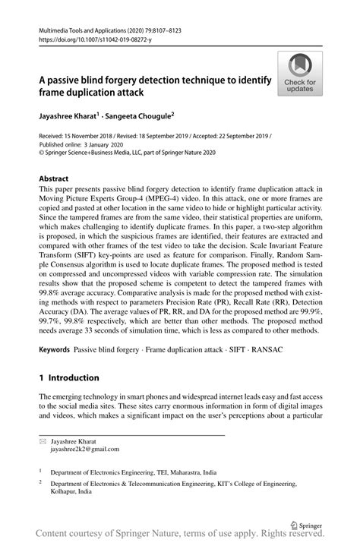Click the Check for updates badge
tap(300, 74)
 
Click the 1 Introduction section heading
tap(69, 377)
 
